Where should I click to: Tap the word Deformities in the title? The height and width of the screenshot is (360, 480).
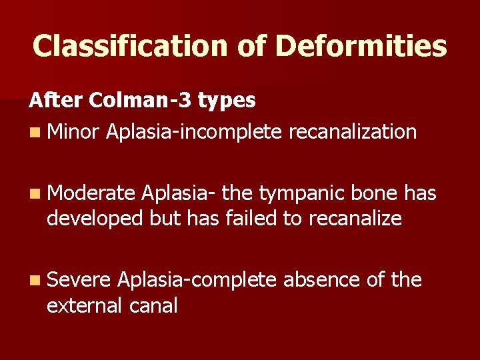[x=361, y=46]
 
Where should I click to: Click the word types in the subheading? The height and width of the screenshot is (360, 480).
[x=226, y=101]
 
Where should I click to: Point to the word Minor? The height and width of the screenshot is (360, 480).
[x=73, y=131]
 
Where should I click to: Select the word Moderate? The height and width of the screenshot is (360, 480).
[x=91, y=193]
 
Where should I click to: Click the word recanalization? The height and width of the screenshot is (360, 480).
[x=353, y=131]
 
